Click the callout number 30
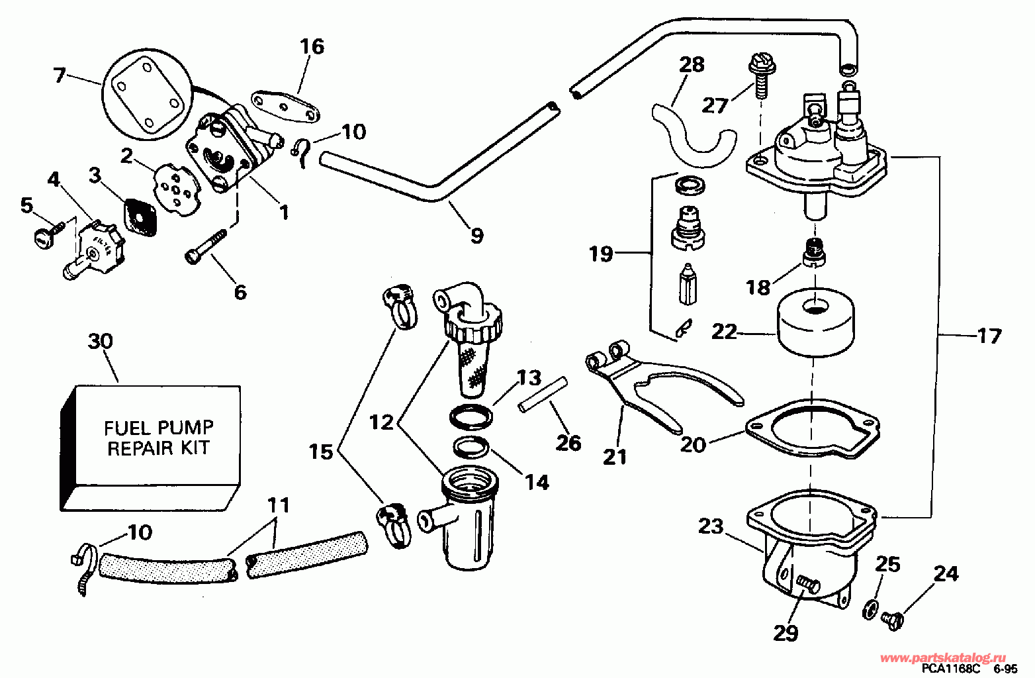(x=101, y=342)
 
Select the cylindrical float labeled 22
(x=815, y=322)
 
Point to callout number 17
(x=989, y=336)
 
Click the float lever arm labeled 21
(x=662, y=385)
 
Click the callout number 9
(x=476, y=234)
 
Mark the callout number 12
(x=381, y=421)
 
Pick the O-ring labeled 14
(x=471, y=447)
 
